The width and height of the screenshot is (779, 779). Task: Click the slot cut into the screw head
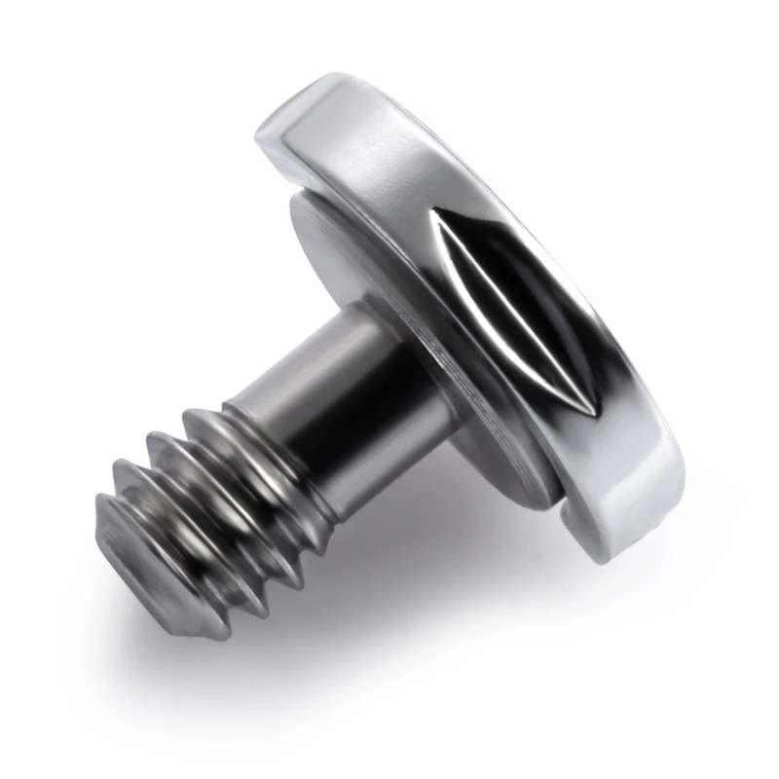506,302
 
